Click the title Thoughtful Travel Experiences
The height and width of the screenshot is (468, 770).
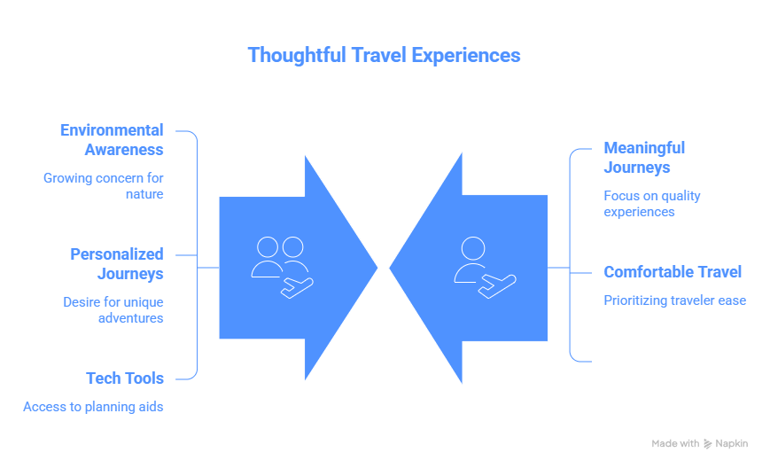click(384, 55)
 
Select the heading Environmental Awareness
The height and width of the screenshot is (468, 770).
click(112, 139)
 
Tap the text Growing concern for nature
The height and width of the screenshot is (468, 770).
click(104, 185)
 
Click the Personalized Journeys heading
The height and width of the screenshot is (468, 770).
click(117, 263)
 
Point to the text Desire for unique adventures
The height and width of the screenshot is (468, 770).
click(113, 309)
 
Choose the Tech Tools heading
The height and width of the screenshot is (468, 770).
click(125, 378)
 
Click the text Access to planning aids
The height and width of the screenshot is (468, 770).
click(93, 407)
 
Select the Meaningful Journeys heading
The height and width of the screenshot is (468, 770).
click(644, 157)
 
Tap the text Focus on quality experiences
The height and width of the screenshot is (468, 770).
click(652, 203)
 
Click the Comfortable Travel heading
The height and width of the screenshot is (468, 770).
click(673, 272)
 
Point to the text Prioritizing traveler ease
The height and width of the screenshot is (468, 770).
click(674, 300)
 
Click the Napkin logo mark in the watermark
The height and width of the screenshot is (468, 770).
click(708, 443)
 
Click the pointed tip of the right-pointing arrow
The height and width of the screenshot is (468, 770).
click(378, 267)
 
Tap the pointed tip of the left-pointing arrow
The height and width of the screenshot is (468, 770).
click(390, 267)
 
